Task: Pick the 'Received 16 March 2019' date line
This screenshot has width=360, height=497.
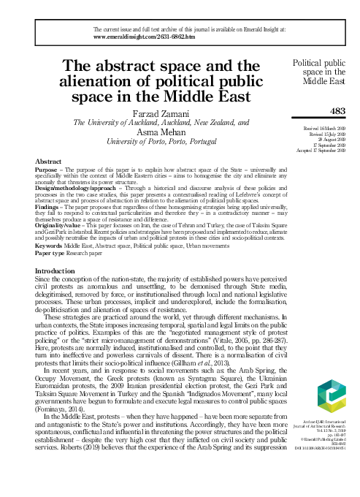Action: pos(324,127)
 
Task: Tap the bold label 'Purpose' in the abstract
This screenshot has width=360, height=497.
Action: pos(47,169)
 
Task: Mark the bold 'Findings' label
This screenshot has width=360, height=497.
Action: pos(47,208)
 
